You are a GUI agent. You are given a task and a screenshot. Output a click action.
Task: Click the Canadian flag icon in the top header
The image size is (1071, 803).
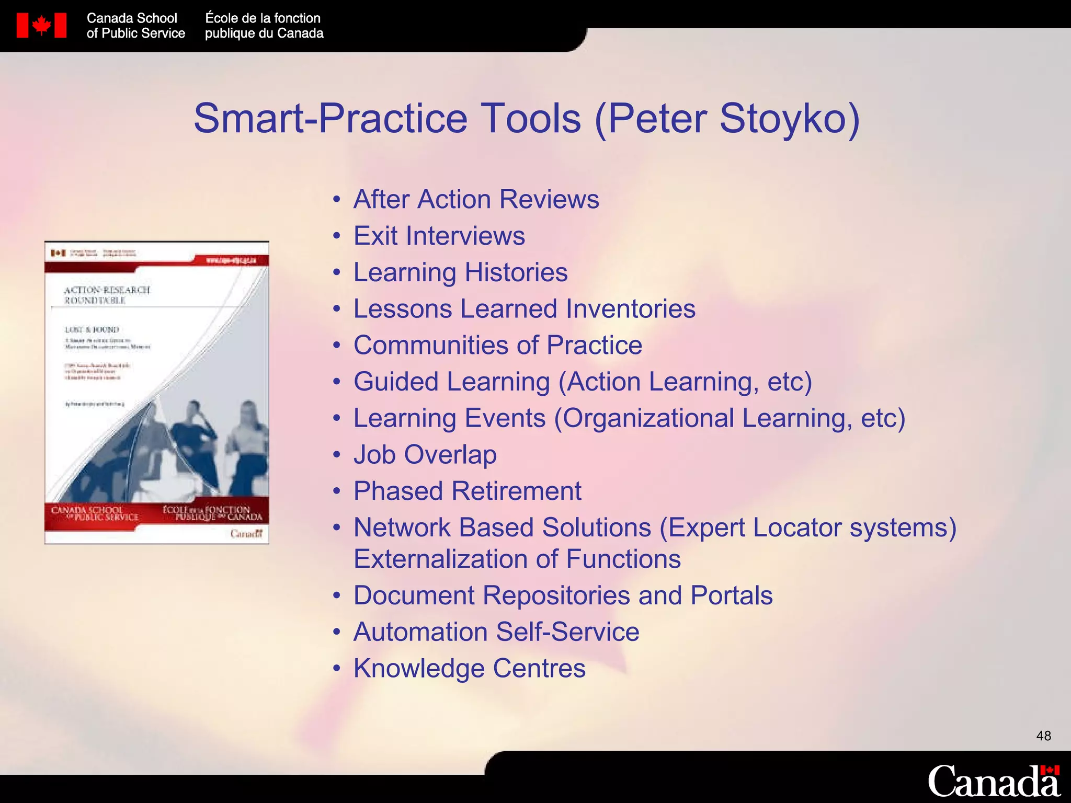(x=41, y=26)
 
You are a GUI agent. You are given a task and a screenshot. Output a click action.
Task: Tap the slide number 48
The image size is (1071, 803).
(x=1043, y=736)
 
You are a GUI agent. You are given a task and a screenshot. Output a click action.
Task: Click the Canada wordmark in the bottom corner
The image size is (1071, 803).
(x=994, y=782)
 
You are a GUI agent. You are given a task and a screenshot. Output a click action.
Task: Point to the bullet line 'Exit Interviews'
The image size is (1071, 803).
(x=439, y=236)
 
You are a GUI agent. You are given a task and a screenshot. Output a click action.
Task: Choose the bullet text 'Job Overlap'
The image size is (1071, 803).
(x=425, y=454)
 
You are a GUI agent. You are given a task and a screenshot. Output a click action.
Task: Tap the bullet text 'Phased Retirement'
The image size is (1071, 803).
(x=468, y=491)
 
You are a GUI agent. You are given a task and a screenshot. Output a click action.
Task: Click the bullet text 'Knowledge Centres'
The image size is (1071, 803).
(x=470, y=668)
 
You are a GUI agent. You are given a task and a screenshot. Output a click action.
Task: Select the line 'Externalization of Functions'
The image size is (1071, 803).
(x=517, y=559)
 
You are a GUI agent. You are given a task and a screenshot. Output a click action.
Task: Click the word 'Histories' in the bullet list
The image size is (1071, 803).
(x=516, y=272)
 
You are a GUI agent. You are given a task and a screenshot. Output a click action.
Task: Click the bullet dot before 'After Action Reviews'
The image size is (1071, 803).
(x=337, y=200)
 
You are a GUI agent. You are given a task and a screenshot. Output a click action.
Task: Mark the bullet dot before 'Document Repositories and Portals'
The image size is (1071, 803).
(x=337, y=596)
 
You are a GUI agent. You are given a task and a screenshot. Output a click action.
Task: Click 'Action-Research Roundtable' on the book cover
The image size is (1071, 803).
(x=107, y=295)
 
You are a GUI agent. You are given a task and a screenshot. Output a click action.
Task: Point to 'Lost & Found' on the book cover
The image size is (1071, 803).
(x=92, y=330)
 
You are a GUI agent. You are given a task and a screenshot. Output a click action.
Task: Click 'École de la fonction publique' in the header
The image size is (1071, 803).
(x=264, y=26)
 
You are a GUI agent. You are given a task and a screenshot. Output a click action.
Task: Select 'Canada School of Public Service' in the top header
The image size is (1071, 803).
(x=135, y=26)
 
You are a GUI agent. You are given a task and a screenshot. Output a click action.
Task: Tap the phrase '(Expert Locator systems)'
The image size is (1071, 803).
(x=808, y=527)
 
